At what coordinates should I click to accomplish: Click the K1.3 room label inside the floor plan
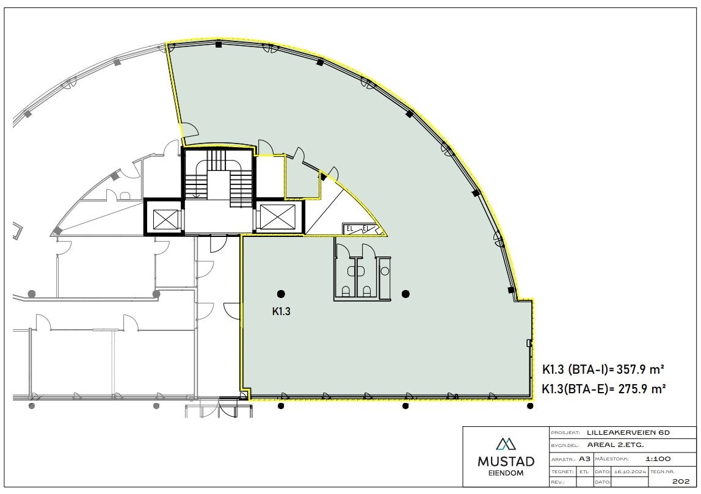[280, 311]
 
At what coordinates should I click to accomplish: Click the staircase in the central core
[219, 177]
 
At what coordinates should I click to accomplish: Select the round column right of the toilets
[405, 294]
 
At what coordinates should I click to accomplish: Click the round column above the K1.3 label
[280, 294]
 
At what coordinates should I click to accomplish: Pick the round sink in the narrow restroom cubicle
[384, 269]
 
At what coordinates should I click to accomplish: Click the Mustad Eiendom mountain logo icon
[505, 443]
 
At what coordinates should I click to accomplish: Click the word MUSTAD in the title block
[505, 461]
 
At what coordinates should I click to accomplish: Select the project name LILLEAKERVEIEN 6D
[628, 432]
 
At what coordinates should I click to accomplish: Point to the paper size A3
[584, 458]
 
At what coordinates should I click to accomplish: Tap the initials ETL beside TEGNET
[584, 471]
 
